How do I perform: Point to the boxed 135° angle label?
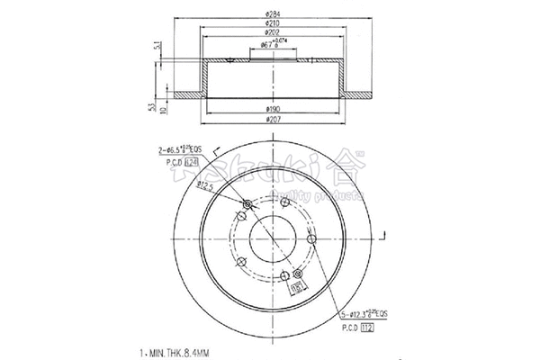click(x=296, y=287)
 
